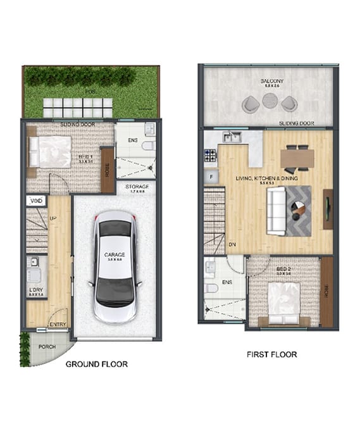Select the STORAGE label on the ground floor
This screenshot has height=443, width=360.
tap(137, 187)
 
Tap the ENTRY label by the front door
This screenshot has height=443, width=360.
tap(58, 325)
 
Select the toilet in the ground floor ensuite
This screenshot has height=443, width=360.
tap(147, 146)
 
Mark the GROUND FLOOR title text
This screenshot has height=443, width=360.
tap(97, 364)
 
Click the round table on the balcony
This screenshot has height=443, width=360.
tap(270, 101)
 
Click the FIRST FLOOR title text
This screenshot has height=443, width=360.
tap(271, 354)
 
